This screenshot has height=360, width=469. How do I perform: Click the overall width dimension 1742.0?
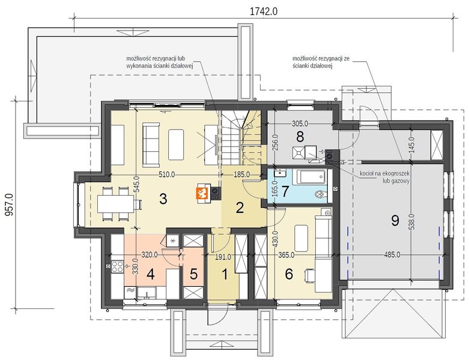tap(264, 11)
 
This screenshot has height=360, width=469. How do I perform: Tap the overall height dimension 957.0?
tap(9, 205)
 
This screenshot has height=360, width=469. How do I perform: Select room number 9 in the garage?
tap(395, 220)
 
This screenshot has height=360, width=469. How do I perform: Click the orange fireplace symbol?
tap(203, 194)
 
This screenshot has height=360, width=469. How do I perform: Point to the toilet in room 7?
tap(321, 194)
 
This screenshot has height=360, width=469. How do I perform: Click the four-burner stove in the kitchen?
tap(117, 266)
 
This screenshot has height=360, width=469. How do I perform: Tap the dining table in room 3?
tap(115, 203)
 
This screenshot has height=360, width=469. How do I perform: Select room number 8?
tap(300, 137)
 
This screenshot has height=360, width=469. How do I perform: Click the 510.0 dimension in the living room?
tap(166, 175)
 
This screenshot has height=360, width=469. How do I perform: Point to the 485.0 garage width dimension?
tap(392, 255)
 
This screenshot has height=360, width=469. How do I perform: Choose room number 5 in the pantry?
tap(194, 274)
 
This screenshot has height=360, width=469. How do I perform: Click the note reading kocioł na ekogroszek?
tap(384, 173)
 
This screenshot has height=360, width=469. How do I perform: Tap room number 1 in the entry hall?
tap(225, 274)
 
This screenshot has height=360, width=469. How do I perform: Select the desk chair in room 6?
tap(310, 275)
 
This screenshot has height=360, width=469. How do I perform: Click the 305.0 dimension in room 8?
tap(300, 123)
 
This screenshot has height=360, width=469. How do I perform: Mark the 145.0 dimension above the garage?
tap(411, 145)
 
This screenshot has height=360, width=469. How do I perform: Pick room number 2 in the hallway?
tap(240, 208)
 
